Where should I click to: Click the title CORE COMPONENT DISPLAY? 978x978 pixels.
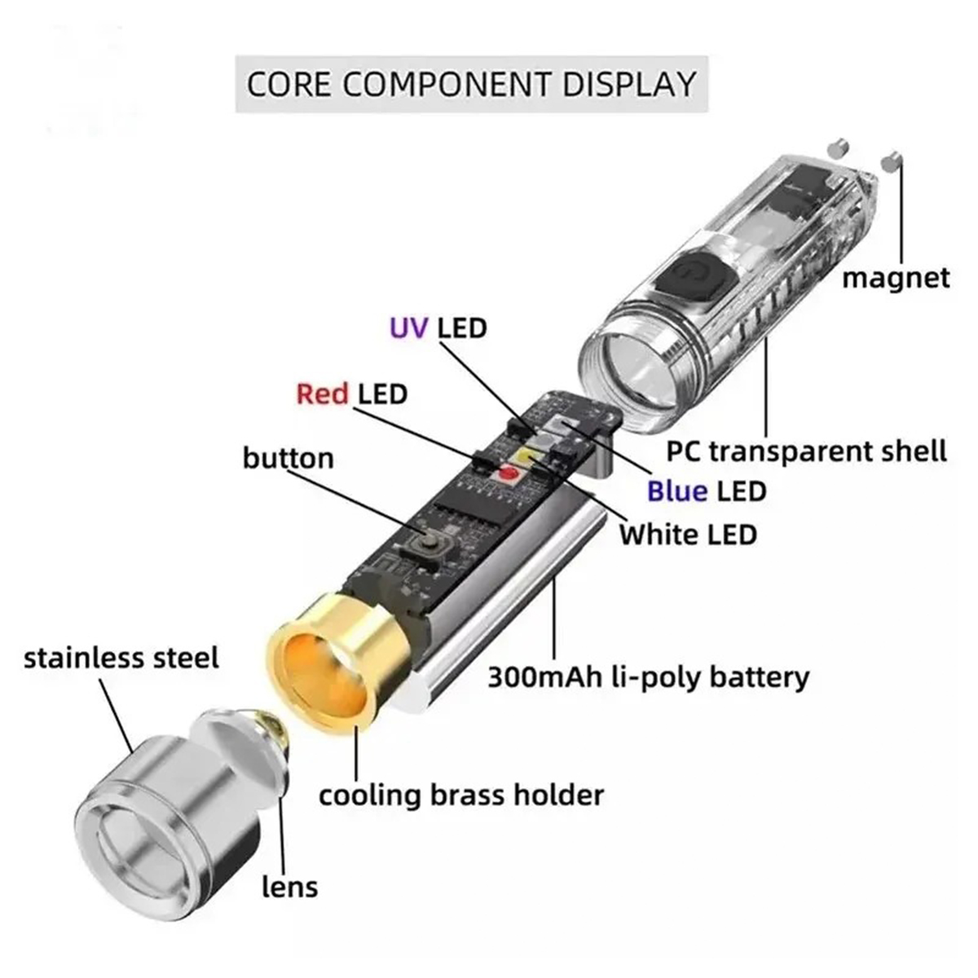click(471, 84)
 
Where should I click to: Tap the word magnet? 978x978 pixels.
click(895, 278)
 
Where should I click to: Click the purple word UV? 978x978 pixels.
click(410, 328)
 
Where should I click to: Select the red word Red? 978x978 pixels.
click(322, 394)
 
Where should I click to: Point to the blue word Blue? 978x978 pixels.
click(676, 491)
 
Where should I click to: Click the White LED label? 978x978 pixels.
click(688, 535)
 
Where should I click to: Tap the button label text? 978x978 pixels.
click(288, 458)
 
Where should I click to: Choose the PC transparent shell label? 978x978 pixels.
click(806, 451)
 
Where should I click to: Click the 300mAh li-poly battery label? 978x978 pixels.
click(648, 676)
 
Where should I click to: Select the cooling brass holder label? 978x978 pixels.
click(461, 795)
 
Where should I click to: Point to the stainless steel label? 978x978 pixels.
click(121, 658)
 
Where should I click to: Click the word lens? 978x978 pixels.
click(289, 886)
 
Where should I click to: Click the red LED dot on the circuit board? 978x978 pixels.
click(509, 473)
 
